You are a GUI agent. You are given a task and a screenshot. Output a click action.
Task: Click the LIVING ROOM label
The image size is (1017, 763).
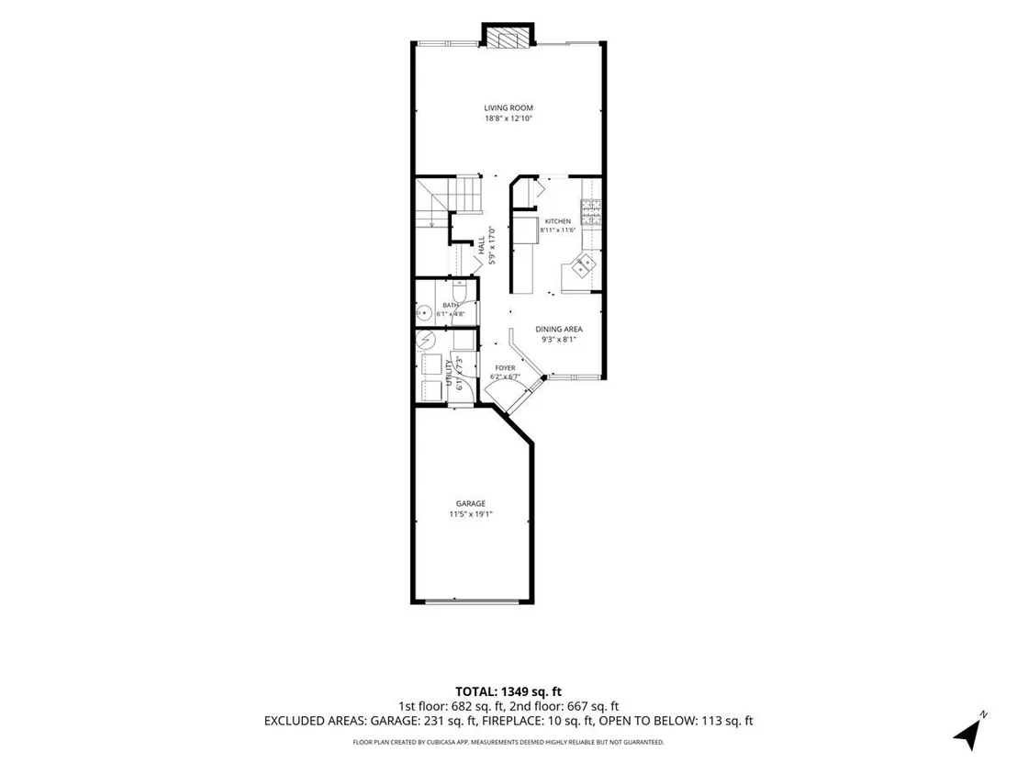509,108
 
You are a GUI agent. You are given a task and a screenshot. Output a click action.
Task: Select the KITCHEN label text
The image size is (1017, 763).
558,221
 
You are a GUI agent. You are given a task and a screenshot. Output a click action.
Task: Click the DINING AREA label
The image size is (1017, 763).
558,329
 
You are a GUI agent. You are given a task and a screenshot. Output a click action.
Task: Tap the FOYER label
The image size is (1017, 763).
505,368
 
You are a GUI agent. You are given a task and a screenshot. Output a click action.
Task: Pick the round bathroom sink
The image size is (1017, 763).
423,313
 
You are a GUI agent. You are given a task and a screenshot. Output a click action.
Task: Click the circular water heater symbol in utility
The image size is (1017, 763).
426,340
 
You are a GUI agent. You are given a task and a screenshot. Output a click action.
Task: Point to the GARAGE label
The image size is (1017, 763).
470,503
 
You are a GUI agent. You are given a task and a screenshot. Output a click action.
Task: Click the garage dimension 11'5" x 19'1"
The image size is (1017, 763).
472,514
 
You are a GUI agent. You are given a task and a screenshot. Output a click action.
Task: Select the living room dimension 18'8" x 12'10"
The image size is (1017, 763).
509,118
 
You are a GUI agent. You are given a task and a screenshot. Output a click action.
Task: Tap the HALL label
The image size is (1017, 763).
482,244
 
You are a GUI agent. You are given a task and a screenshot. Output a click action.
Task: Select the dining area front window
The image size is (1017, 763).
575,376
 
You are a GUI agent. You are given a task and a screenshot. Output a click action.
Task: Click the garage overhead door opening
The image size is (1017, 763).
472,601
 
